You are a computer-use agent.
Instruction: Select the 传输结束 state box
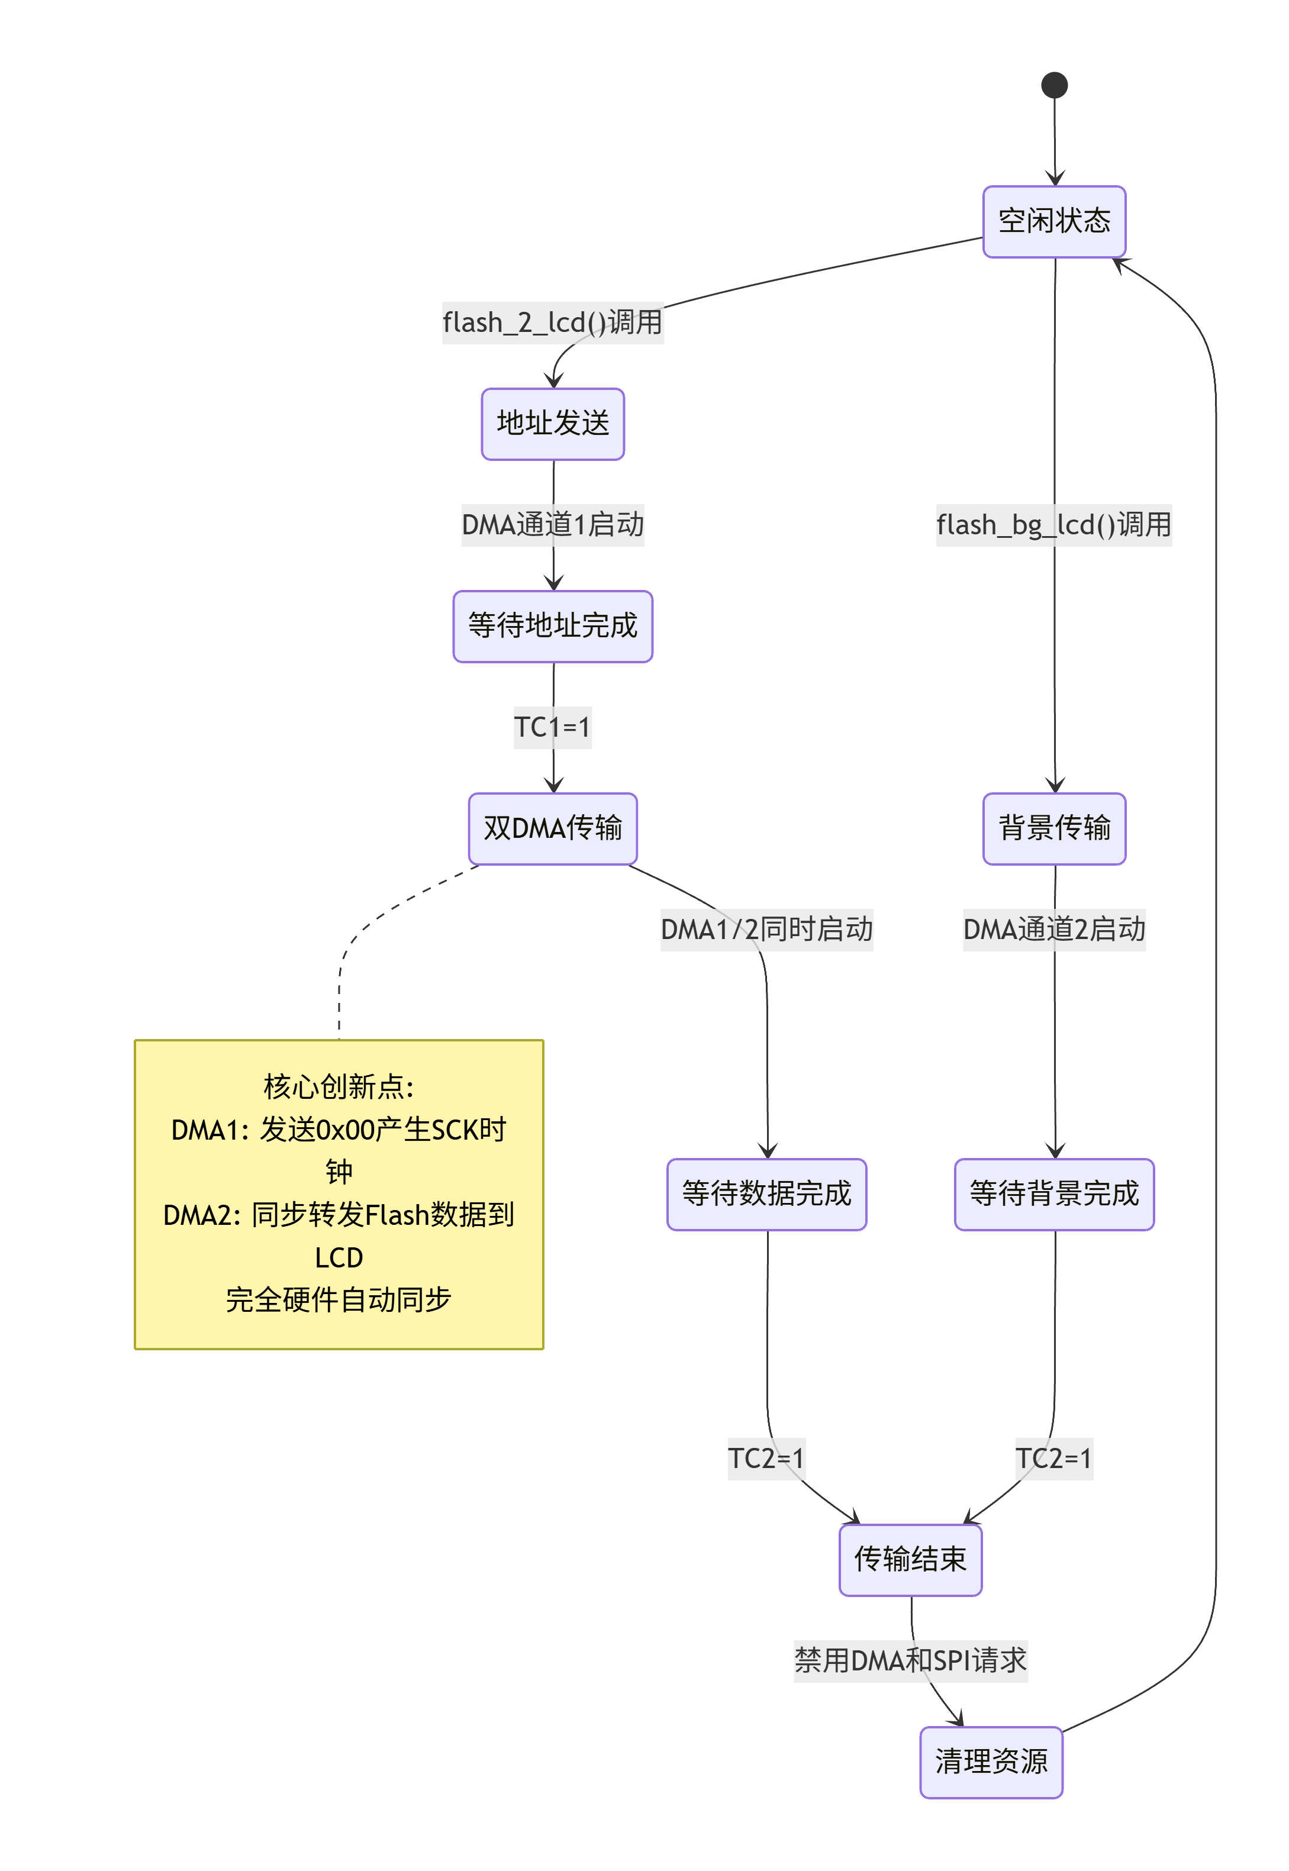coord(910,1559)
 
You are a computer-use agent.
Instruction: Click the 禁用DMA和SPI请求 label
coord(910,1660)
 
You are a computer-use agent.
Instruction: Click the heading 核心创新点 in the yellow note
coord(339,1087)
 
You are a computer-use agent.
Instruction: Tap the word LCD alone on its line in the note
coord(339,1257)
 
